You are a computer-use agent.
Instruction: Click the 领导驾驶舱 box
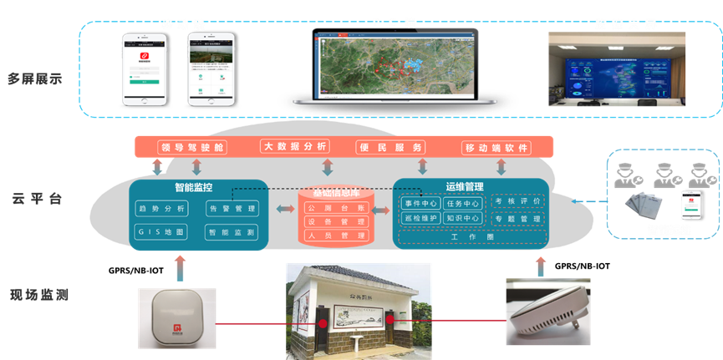(x=191, y=148)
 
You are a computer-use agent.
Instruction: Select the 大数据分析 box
(x=294, y=147)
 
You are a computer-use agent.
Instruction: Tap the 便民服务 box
(x=390, y=148)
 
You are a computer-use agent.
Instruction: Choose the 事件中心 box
(x=420, y=203)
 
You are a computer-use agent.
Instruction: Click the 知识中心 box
(x=462, y=219)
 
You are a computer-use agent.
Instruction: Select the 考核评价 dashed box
(x=517, y=201)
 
